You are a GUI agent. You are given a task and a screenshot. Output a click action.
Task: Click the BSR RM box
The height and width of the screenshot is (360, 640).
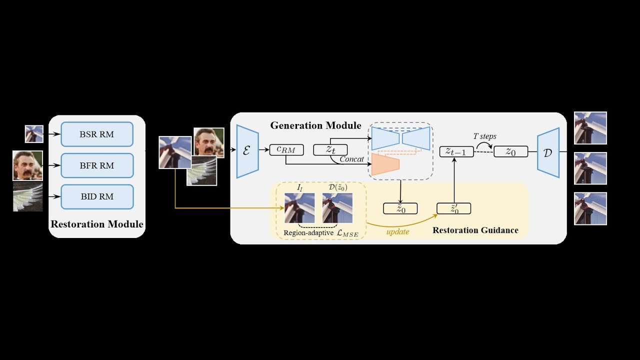click(97, 134)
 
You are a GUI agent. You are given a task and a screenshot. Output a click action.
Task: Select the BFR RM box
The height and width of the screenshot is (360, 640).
click(97, 165)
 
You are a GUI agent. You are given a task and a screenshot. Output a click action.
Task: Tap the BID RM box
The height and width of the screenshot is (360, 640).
click(97, 196)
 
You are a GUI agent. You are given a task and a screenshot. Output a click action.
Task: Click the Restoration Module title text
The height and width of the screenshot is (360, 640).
click(97, 224)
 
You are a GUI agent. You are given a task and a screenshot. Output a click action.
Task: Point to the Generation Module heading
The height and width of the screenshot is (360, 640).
click(315, 125)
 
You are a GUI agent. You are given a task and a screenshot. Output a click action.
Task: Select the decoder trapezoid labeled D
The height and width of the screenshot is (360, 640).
click(548, 152)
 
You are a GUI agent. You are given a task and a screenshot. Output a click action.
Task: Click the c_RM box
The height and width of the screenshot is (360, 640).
click(286, 149)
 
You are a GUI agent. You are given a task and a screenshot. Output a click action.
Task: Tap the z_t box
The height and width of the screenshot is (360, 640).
click(330, 149)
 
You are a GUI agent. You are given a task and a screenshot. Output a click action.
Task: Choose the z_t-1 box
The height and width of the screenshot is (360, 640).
click(456, 151)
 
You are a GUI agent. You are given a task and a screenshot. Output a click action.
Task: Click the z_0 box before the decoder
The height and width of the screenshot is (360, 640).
click(510, 151)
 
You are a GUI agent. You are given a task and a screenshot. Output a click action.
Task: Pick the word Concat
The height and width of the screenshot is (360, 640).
click(351, 159)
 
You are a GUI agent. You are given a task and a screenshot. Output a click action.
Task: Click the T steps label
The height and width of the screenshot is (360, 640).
click(484, 136)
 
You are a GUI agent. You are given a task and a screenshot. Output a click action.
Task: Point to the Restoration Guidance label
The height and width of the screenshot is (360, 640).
click(475, 230)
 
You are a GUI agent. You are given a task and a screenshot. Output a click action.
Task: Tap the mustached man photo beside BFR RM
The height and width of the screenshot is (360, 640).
click(27, 165)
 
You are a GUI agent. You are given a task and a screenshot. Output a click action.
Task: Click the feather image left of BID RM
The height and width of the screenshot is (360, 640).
click(27, 196)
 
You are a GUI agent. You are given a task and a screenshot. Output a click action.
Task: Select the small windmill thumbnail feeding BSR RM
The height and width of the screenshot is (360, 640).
click(34, 134)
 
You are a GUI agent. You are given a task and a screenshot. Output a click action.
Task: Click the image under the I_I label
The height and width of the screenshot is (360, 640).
click(299, 207)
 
